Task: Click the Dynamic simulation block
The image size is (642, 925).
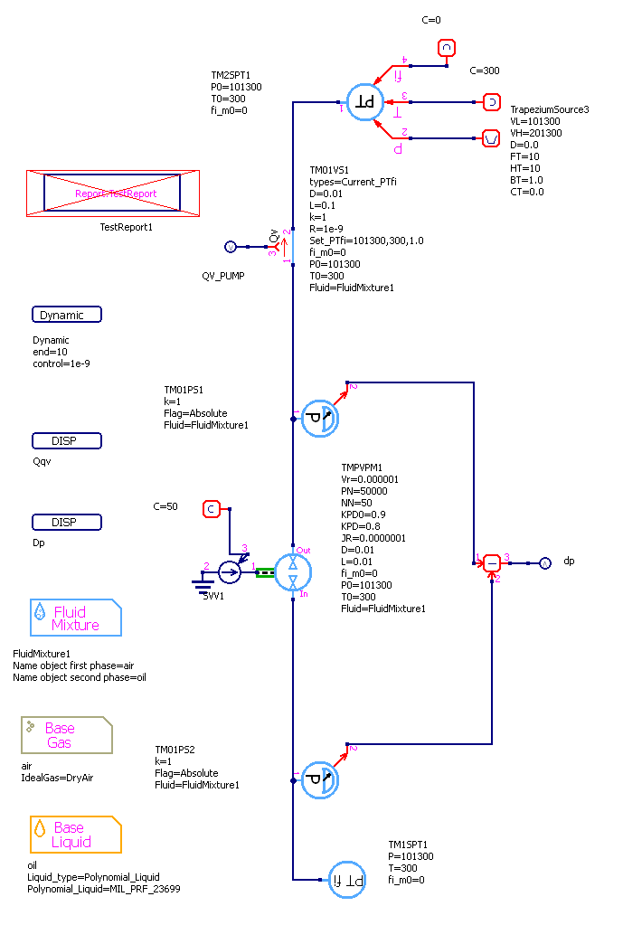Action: [66, 315]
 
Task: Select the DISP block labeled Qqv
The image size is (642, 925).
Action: [66, 441]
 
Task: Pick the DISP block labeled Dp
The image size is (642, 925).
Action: [66, 523]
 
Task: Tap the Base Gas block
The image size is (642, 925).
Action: [67, 735]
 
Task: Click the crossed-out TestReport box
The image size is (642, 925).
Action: [113, 193]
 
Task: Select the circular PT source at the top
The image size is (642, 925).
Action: [366, 101]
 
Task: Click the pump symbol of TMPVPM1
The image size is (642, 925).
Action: [293, 571]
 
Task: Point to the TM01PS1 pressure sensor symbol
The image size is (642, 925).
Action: [317, 418]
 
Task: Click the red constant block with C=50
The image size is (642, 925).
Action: [211, 509]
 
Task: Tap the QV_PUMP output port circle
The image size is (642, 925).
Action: [229, 246]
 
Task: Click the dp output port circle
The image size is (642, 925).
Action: [544, 562]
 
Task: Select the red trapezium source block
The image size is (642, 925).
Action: [491, 138]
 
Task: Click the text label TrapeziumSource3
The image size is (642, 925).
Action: [549, 109]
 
